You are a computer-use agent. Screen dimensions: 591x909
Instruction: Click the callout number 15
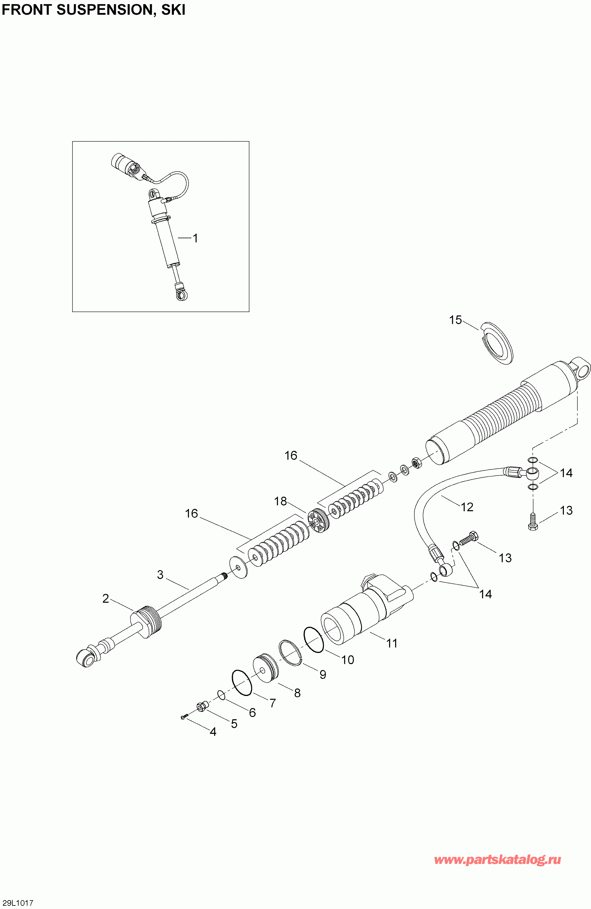455,320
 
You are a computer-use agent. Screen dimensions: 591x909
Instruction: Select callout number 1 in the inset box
195,238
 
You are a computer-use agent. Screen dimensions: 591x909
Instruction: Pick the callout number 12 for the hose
467,507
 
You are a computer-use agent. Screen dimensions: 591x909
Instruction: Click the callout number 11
392,644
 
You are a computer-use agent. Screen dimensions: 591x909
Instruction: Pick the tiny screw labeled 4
183,718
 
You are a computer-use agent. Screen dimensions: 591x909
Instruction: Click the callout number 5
234,724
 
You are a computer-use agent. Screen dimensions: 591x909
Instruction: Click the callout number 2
106,598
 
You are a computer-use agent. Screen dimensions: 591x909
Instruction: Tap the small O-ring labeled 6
221,695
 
